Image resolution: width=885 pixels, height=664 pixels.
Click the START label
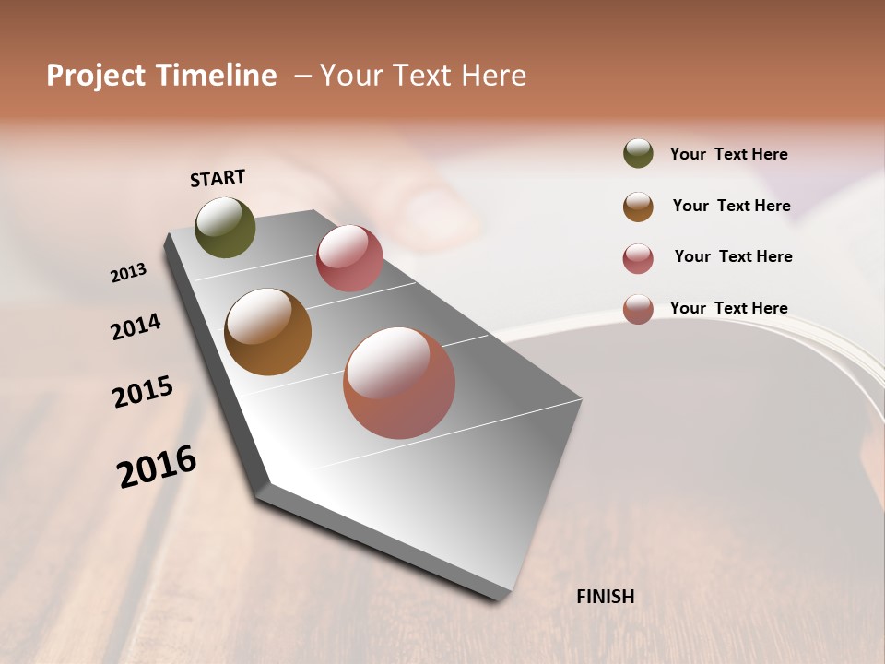click(218, 178)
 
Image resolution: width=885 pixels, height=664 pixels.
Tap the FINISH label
click(605, 597)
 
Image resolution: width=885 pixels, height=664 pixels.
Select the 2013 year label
click(128, 273)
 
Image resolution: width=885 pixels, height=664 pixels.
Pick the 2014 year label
click(136, 326)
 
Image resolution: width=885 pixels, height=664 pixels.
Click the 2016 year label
click(157, 467)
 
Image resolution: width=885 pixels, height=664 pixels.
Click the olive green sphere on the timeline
click(225, 227)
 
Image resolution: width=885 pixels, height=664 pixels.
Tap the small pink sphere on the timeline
click(349, 258)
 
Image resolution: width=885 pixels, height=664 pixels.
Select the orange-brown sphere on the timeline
click(267, 332)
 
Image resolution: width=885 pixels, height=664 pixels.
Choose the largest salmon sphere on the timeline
click(399, 383)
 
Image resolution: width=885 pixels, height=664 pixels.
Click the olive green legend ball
click(638, 153)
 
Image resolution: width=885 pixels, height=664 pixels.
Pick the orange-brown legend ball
click(638, 207)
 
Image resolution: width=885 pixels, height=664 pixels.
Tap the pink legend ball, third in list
click(638, 258)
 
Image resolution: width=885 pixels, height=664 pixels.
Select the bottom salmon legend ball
click(638, 309)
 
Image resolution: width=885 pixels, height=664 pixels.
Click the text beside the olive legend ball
click(728, 154)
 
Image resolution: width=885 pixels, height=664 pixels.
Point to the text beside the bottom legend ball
click(728, 308)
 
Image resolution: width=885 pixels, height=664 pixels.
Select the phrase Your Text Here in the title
click(423, 76)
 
